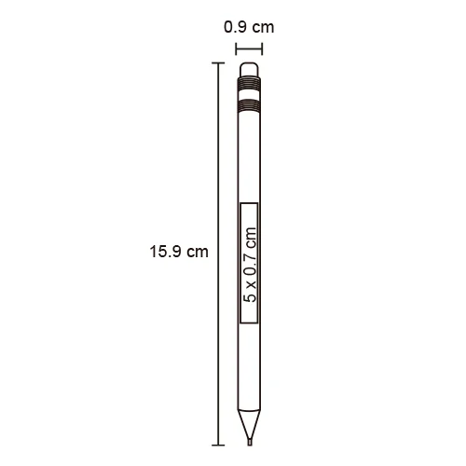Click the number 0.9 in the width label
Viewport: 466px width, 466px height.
click(236, 27)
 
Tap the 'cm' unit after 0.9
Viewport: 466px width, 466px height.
click(263, 28)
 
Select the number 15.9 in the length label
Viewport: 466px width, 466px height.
click(165, 252)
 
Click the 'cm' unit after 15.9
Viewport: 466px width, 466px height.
click(198, 252)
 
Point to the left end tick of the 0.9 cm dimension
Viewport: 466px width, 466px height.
click(237, 49)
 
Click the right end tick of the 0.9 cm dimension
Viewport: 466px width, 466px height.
click(262, 49)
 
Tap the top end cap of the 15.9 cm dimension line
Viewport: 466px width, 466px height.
click(218, 63)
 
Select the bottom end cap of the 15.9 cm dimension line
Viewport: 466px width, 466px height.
click(218, 445)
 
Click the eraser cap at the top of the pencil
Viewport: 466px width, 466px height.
click(249, 70)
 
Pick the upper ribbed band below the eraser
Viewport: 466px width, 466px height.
click(249, 84)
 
